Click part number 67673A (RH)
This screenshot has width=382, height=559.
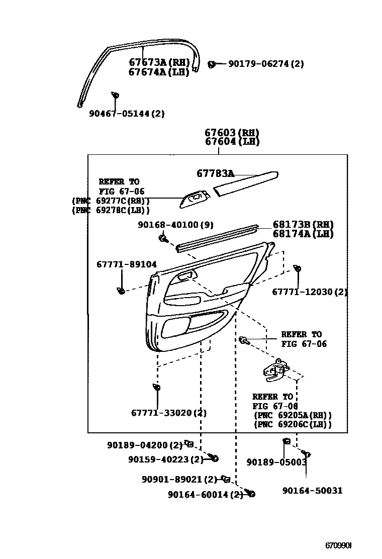(x=158, y=63)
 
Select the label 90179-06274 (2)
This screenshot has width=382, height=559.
(x=266, y=64)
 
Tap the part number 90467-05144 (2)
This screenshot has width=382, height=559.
(x=127, y=114)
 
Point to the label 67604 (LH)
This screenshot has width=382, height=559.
(x=232, y=142)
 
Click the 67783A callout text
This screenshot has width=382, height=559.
(x=215, y=173)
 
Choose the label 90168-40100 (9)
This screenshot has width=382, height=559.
(x=175, y=225)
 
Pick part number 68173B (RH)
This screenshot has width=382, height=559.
(x=303, y=225)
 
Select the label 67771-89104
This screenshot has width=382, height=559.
(x=126, y=264)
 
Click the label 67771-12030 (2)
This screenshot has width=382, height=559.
(x=310, y=292)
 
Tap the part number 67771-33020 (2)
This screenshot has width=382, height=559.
(x=169, y=413)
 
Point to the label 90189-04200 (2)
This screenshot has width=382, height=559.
(x=145, y=445)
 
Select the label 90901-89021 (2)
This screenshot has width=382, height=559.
(x=179, y=480)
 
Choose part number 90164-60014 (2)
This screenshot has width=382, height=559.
(x=205, y=494)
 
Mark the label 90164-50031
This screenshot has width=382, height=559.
(x=312, y=490)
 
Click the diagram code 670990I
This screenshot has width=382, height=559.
(x=338, y=545)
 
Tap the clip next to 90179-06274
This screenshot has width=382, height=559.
(x=212, y=64)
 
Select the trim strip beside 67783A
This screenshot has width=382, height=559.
(x=246, y=182)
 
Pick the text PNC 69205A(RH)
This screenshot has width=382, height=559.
(x=293, y=415)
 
